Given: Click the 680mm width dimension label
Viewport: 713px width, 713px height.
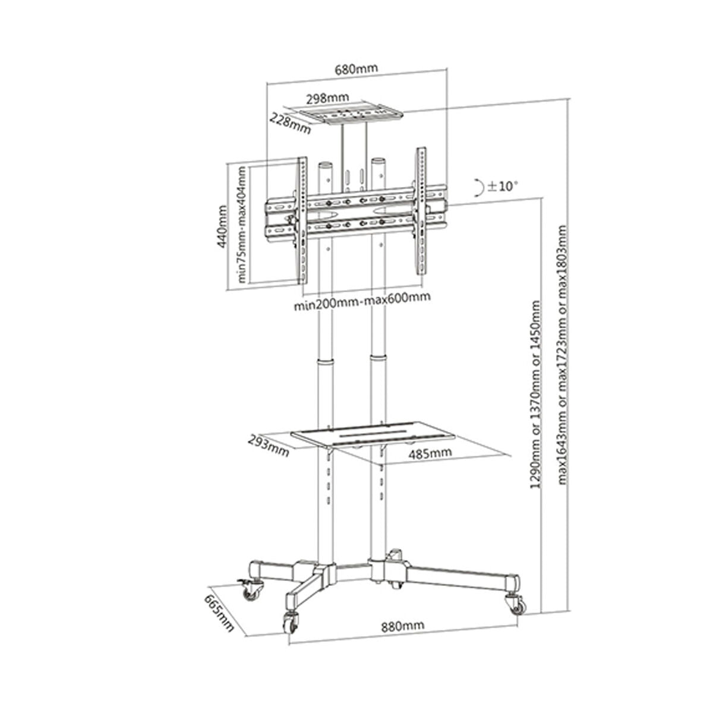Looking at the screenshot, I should [x=356, y=68].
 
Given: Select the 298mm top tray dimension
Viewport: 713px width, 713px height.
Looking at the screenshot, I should [x=328, y=97].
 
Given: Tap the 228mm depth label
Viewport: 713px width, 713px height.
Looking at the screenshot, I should [x=290, y=124].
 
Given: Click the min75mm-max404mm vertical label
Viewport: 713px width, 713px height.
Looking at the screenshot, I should [x=242, y=223].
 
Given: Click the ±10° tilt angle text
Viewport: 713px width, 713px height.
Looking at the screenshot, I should [x=503, y=186].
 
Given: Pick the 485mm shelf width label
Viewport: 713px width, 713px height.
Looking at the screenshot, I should [x=430, y=453].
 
